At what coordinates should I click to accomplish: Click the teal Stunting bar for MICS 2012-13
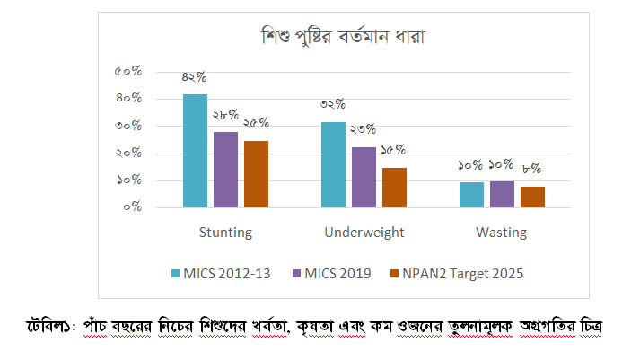[195, 151]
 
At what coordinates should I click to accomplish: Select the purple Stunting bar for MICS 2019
[225, 170]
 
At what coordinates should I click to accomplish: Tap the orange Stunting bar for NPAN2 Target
[256, 174]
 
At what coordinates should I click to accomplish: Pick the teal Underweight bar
[333, 164]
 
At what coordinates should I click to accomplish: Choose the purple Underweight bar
[364, 177]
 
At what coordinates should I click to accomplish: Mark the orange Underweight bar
[394, 188]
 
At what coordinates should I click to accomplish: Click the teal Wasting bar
[471, 195]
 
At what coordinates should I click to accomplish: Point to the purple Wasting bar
[502, 194]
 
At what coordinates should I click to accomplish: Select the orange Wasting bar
[532, 197]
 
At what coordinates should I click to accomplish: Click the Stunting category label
[225, 233]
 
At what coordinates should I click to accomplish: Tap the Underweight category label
[364, 233]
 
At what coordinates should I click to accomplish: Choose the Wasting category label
[502, 233]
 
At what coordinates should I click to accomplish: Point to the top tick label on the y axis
[127, 71]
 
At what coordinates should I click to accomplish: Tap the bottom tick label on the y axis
[130, 206]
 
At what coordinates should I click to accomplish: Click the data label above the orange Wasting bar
[532, 168]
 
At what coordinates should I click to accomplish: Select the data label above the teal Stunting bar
[195, 77]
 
